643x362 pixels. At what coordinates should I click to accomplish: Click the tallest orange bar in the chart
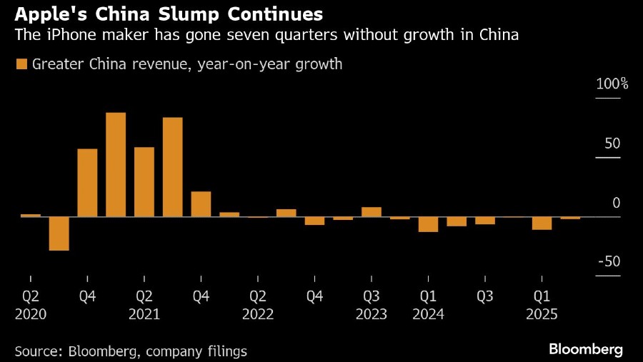116,164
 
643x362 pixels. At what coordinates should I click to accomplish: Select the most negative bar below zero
59,233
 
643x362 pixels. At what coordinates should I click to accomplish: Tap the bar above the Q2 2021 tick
144,181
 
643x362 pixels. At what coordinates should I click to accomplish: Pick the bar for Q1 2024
428,224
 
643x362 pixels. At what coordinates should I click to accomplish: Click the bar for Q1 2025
542,223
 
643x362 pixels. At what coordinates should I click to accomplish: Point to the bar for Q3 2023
371,211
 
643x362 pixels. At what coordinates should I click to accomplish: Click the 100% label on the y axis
612,84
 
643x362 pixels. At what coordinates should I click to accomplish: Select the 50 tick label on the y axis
612,144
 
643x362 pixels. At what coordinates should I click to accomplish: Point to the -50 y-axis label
609,261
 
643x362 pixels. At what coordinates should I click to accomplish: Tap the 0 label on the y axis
616,203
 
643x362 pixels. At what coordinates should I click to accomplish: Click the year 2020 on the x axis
31,314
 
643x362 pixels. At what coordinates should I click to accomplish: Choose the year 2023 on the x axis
371,314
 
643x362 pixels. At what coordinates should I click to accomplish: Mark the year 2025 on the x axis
542,314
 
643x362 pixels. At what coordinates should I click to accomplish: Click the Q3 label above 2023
371,296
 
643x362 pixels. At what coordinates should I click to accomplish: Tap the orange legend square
21,64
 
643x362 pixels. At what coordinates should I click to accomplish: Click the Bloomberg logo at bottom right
585,350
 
